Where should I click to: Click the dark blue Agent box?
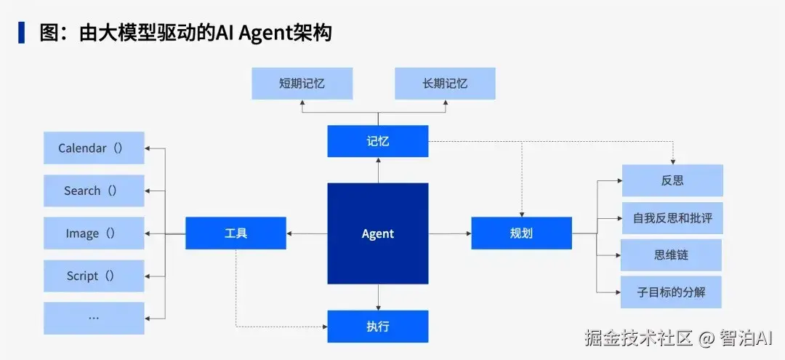point(378,233)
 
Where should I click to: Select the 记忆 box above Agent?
point(378,141)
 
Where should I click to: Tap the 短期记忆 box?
point(302,84)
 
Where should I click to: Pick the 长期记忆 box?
point(445,84)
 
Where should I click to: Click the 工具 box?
point(235,233)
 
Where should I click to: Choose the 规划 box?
point(522,233)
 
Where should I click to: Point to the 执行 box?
point(378,327)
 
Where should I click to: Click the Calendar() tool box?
point(94,148)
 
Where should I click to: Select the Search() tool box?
point(94,191)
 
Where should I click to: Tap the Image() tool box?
point(94,233)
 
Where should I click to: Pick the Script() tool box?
point(94,276)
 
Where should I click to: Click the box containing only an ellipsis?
point(94,318)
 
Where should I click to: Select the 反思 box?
point(672,180)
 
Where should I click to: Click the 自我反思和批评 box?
point(672,218)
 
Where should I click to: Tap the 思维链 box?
point(672,255)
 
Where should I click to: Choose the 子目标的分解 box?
point(672,292)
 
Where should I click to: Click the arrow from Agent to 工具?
point(307,233)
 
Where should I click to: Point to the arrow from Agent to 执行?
point(378,297)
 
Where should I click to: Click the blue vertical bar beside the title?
point(22,33)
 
